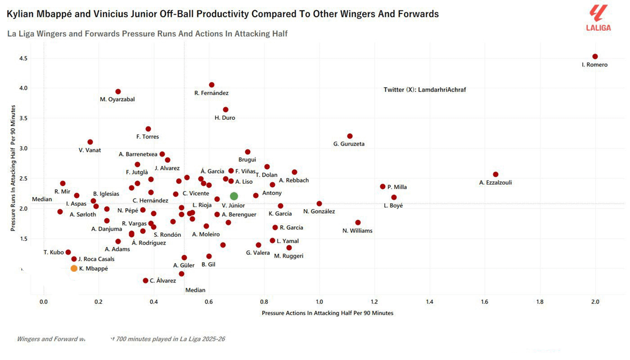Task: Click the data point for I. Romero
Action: tap(595, 57)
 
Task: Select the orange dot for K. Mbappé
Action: tap(74, 268)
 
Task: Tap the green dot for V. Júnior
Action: tap(234, 196)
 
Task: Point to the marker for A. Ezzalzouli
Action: tap(496, 174)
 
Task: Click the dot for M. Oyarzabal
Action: tap(118, 92)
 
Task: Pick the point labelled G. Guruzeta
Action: tap(350, 136)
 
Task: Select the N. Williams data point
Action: tap(358, 223)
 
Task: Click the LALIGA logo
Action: tap(598, 17)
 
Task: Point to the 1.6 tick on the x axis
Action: tap(485, 302)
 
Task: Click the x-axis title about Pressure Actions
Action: tap(327, 313)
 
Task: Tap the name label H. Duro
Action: tap(225, 118)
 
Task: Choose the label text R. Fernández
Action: tap(211, 93)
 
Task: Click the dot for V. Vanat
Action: tap(91, 142)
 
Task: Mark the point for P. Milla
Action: tap(383, 187)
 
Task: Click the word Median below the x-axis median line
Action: tap(195, 290)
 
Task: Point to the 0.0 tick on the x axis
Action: tap(44, 302)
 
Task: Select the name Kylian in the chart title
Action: tap(20, 13)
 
